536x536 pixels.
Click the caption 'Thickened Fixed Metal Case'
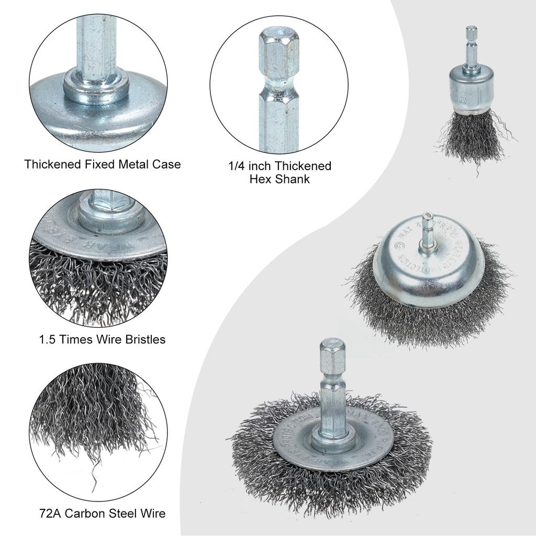(x=103, y=164)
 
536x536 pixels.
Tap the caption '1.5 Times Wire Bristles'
(x=102, y=339)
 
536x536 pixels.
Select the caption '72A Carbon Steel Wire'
(x=102, y=513)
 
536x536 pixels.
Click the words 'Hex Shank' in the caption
(x=280, y=179)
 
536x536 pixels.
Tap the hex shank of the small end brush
(x=472, y=47)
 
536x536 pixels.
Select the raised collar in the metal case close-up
(x=96, y=86)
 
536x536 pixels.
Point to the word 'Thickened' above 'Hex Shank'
(x=303, y=166)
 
